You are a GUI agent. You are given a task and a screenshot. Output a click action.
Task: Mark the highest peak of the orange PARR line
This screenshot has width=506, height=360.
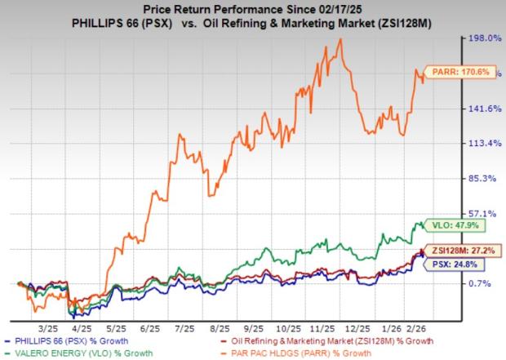(x=340, y=39)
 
